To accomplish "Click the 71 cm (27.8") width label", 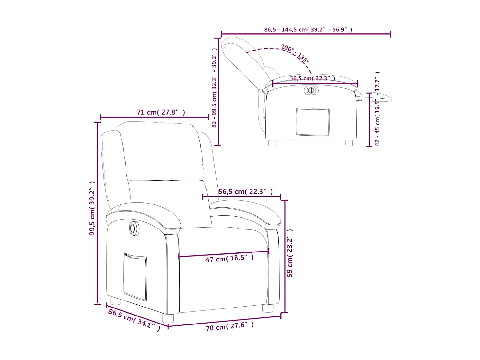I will click(x=161, y=112).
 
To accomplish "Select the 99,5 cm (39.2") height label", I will click(x=92, y=208).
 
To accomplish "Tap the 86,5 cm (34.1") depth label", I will click(x=134, y=320).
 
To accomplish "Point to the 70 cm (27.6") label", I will click(x=229, y=326).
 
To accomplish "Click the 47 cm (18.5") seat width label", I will click(x=229, y=258).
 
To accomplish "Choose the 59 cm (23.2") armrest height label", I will click(x=290, y=253).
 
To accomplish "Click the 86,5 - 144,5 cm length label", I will click(x=308, y=29).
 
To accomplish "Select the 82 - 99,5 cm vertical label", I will click(x=214, y=88).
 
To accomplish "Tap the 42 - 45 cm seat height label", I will click(x=377, y=109).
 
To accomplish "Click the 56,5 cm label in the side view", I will click(x=312, y=78).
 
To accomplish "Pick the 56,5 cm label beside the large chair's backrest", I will click(x=245, y=192).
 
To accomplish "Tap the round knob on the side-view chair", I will click(x=311, y=90).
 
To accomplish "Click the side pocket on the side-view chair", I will click(x=313, y=122).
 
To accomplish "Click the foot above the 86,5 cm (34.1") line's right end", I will click(x=168, y=318).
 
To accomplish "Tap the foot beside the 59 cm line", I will click(x=268, y=308).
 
